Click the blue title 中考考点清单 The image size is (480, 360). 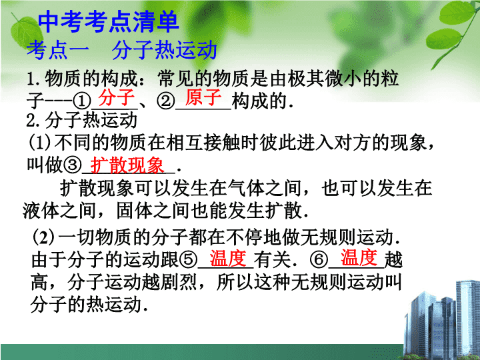pos(109,22)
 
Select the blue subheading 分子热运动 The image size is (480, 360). pos(165,50)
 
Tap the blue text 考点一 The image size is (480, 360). pos(58,50)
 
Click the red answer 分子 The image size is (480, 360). pos(116,97)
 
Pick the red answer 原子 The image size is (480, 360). pos(203,97)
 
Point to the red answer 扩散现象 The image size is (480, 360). pos(127,165)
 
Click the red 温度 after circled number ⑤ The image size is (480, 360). pos(228,258)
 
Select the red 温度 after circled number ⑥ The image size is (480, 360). pos(359,257)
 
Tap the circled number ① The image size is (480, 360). pos(82,101)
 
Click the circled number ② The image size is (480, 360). pos(165,101)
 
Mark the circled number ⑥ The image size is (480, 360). pos(319,259)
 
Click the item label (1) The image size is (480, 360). pos(40,143)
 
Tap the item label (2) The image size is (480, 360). pos(44,237)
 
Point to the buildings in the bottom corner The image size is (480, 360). pos(442,320)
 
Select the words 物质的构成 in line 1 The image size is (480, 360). pos(91,79)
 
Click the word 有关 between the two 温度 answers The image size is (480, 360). pos(272,259)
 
